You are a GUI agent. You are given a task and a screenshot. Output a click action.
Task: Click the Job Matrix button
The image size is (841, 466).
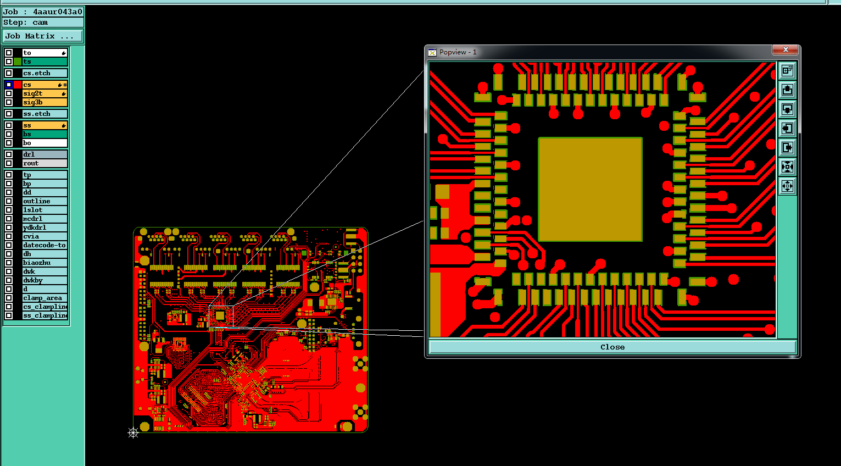pos(43,36)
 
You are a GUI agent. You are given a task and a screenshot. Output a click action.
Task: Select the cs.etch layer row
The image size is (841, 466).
pos(44,73)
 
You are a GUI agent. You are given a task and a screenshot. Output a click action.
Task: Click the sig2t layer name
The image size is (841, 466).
pos(32,93)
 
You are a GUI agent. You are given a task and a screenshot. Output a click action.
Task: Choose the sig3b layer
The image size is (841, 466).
pos(44,102)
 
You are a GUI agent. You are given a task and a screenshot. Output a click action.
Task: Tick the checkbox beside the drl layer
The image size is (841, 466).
pos(9,154)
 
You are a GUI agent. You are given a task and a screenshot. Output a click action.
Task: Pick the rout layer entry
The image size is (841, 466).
pos(44,163)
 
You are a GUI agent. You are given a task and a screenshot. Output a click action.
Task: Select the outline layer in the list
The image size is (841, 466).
pos(44,201)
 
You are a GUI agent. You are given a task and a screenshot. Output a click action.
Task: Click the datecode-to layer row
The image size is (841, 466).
pos(44,245)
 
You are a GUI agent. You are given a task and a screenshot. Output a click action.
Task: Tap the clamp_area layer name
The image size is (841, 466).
pos(42,298)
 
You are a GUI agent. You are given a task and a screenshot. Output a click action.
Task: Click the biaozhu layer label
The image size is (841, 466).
pos(37,263)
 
